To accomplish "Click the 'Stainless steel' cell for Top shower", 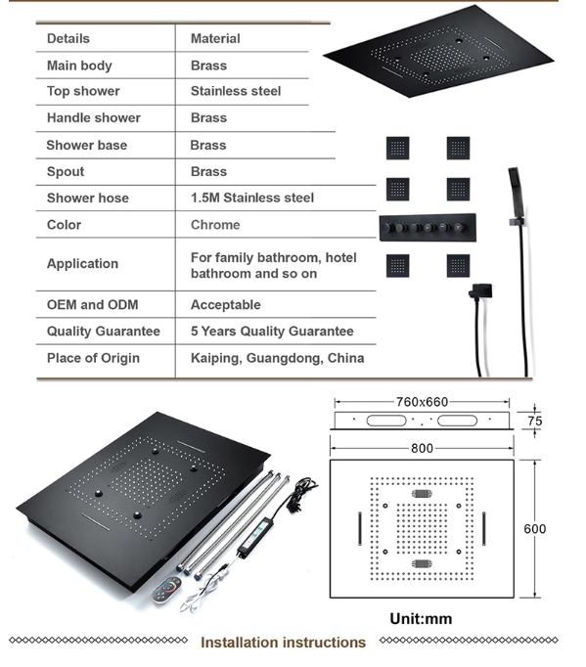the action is (x=236, y=91).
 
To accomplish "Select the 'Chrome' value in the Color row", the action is (x=215, y=225).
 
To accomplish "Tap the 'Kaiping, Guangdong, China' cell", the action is (x=277, y=358).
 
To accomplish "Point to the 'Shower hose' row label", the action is (x=88, y=198).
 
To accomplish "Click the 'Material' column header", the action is (x=215, y=39).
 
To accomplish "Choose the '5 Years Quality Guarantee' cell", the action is (x=272, y=332).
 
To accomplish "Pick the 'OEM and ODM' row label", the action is (x=92, y=304).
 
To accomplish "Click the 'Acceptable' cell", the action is (x=226, y=304).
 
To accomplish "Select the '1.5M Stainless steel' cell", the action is (x=252, y=198).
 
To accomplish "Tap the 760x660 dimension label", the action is (x=422, y=402).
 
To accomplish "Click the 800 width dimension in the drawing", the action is (x=422, y=448).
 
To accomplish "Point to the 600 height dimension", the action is (x=534, y=529).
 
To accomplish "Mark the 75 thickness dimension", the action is (x=534, y=421).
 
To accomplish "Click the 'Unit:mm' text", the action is (x=421, y=618).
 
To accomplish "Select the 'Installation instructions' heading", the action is (x=283, y=643).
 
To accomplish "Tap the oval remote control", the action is (x=167, y=590).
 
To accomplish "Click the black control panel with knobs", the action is (x=428, y=228).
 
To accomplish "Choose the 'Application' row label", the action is (x=82, y=264).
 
